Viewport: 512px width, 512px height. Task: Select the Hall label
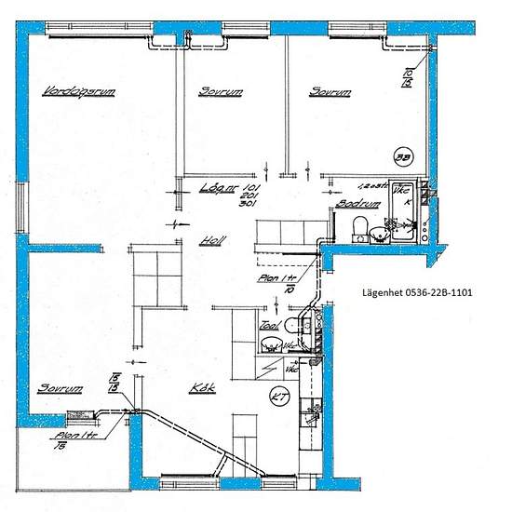pyautogui.click(x=212, y=240)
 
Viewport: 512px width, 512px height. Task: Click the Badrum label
pyautogui.click(x=356, y=203)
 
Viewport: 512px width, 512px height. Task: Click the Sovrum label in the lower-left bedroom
pyautogui.click(x=61, y=387)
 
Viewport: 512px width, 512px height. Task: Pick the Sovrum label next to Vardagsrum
pyautogui.click(x=222, y=92)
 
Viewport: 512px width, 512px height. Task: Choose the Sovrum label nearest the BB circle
pyautogui.click(x=330, y=92)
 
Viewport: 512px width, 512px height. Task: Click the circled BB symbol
pyautogui.click(x=404, y=157)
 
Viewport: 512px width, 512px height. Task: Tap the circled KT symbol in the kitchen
pyautogui.click(x=278, y=397)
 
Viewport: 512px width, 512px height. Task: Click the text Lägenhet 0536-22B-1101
pyautogui.click(x=417, y=291)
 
